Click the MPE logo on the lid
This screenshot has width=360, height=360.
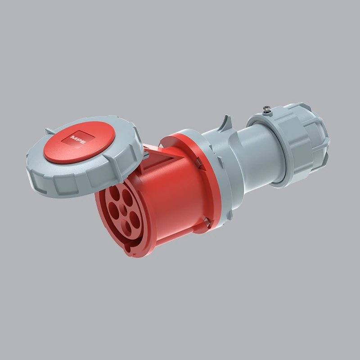click(78, 139)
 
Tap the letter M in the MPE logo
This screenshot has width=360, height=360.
click(74, 138)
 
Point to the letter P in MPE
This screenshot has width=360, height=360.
click(78, 139)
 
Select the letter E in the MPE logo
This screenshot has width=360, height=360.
click(83, 142)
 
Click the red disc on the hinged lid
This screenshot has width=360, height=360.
click(79, 142)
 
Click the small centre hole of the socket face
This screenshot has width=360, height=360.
click(125, 209)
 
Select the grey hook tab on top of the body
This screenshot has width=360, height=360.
click(225, 123)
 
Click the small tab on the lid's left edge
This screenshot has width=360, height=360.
click(49, 131)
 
